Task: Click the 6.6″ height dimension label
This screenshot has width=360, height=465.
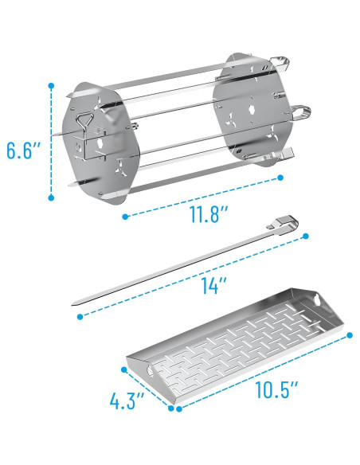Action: point(24,150)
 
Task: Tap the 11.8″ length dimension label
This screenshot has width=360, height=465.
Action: point(209,213)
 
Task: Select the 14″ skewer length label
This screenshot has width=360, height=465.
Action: point(213,285)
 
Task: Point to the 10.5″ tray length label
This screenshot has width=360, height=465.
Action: point(276,389)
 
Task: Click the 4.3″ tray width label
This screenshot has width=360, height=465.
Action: point(127,401)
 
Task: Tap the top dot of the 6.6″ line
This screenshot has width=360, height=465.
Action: point(51,86)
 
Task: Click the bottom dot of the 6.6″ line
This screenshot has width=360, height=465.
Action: point(51,197)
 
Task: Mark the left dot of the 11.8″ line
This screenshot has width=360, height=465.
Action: point(125,217)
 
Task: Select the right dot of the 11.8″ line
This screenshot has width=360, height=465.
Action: point(280,178)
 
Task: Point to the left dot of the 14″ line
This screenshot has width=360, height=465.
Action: point(80,317)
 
